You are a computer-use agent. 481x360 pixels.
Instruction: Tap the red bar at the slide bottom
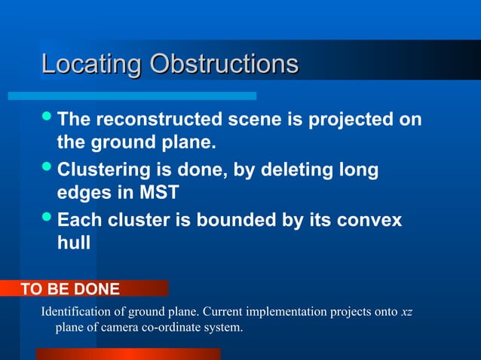[x=128, y=354]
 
